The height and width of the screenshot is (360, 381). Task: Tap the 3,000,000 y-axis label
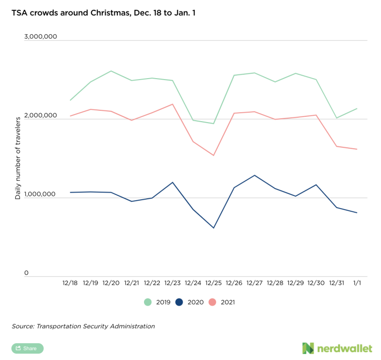click(41, 37)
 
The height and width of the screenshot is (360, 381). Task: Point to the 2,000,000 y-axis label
click(41, 116)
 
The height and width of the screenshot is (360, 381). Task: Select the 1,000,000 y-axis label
click(41, 195)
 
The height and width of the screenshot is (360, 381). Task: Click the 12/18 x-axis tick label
click(70, 283)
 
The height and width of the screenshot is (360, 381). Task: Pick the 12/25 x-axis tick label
click(213, 283)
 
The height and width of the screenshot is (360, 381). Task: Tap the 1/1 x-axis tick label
click(357, 283)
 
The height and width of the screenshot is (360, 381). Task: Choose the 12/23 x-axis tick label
click(172, 283)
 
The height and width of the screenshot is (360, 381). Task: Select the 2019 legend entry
click(158, 302)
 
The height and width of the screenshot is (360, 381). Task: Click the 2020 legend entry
click(190, 302)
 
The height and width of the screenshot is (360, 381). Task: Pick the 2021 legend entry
click(223, 302)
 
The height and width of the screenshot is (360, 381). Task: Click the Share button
click(27, 348)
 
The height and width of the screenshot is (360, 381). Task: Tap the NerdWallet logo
click(337, 348)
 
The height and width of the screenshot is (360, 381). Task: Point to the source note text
click(83, 326)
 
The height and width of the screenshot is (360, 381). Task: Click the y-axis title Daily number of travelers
click(18, 157)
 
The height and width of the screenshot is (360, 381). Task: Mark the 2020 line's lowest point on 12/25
click(213, 228)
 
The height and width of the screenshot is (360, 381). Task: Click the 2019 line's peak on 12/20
click(111, 71)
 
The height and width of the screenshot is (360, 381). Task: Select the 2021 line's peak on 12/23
click(172, 104)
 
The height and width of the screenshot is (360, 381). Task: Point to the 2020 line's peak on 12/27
click(254, 175)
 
